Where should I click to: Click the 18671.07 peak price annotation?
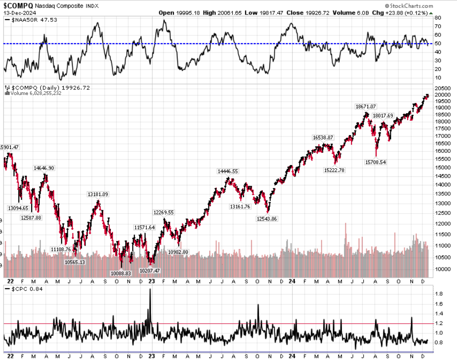pos(365,106)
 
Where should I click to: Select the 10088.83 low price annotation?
pos(121,273)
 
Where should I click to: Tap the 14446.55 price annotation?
pos(228,171)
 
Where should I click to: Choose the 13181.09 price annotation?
pos(98,194)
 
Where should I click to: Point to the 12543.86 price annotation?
pos(267,219)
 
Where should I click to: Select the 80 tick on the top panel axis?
pos(438,18)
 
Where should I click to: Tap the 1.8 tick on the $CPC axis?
pos(438,294)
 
